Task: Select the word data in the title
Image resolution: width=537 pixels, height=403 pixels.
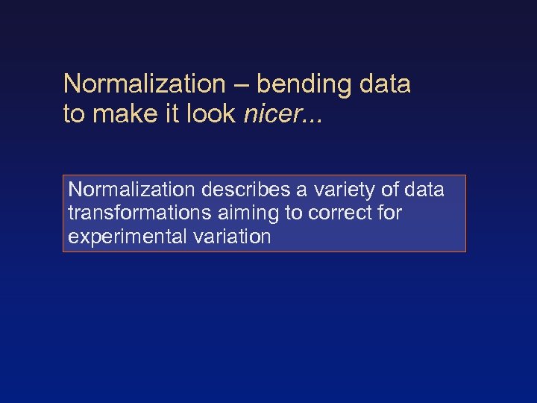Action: point(385,85)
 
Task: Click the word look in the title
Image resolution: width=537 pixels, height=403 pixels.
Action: point(213,115)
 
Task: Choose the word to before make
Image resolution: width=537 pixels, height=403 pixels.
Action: point(75,115)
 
